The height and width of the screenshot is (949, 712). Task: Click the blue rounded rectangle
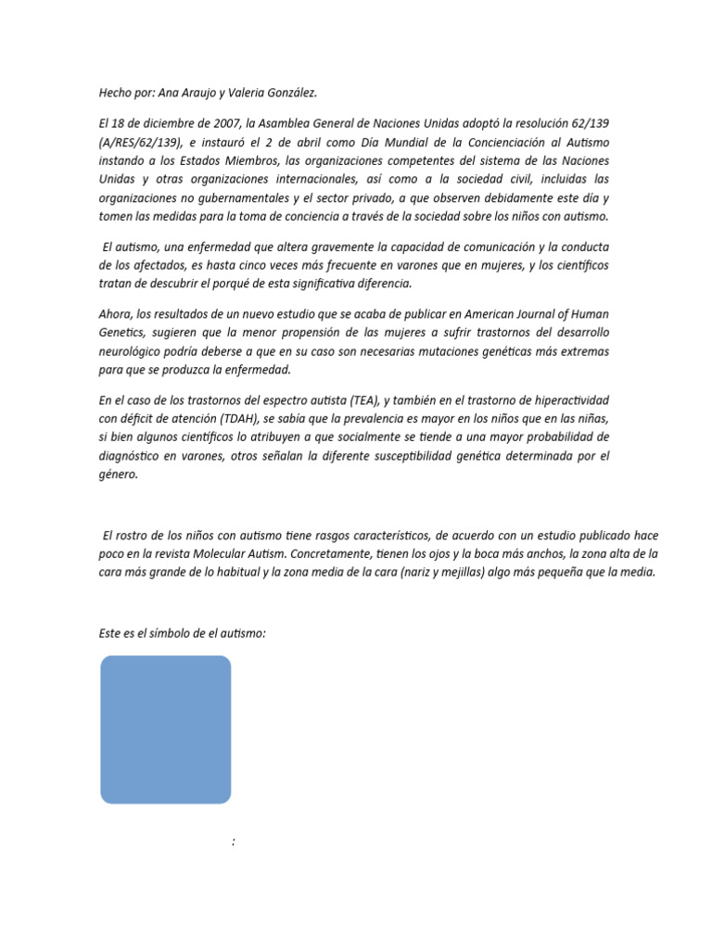tap(165, 729)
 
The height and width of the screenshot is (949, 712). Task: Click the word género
tap(118, 474)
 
